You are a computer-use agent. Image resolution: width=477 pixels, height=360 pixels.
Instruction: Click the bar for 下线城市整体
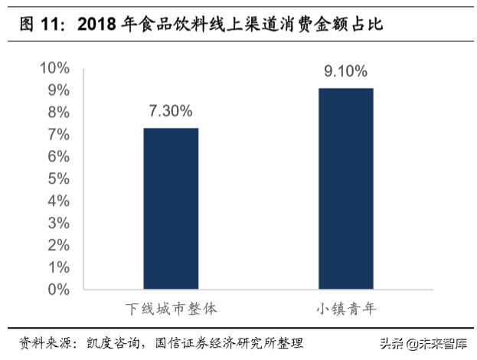(171, 208)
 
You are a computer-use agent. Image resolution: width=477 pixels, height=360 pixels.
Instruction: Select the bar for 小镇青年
(345, 188)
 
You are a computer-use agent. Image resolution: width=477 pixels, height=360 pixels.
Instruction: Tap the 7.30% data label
(171, 111)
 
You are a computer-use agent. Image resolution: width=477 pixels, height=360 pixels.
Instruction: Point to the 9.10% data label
(345, 72)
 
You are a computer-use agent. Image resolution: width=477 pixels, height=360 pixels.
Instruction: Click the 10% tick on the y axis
(54, 68)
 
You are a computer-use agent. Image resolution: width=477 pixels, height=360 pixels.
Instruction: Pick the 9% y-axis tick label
(58, 90)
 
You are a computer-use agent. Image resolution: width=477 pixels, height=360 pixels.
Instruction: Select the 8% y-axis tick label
(58, 113)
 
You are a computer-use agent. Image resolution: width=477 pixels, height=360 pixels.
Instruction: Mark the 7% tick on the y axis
(58, 135)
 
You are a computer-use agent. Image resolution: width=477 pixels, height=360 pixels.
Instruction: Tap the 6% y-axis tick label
(58, 157)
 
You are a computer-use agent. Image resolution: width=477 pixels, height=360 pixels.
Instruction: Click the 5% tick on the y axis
(58, 179)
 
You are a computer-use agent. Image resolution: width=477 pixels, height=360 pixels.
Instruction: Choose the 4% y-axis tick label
(58, 201)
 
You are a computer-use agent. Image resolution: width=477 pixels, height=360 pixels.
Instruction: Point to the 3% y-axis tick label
(58, 224)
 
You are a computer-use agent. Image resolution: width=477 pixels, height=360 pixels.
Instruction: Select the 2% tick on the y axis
(58, 246)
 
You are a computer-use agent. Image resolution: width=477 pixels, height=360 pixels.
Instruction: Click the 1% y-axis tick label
(58, 268)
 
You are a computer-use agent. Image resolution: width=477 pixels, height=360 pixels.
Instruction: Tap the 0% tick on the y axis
(58, 290)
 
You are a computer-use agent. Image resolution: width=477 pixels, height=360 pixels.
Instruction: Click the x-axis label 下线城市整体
(172, 309)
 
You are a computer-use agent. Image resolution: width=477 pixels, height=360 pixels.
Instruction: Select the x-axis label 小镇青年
(345, 309)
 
